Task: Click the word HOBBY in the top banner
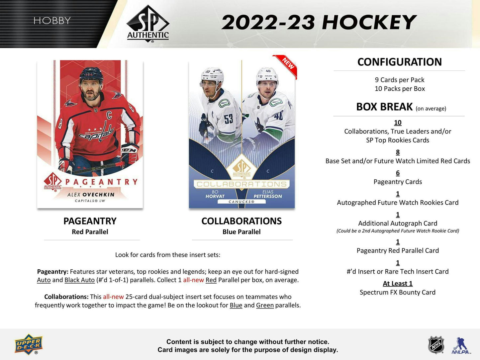point(52,21)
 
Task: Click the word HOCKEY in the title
point(368,23)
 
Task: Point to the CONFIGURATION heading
point(399,62)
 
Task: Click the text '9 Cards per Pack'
point(400,80)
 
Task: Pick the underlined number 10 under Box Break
point(398,123)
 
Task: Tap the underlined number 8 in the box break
point(398,152)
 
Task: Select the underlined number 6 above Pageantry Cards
point(398,173)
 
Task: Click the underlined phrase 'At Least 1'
point(398,284)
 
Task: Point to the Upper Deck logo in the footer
point(29,344)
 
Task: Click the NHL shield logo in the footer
point(436,345)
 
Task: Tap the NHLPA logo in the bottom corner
point(461,346)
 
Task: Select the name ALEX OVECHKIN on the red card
point(91,195)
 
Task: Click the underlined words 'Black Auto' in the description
point(79,280)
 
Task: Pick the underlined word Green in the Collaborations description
point(265,305)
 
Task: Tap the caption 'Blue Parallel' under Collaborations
point(241,232)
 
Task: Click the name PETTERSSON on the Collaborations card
point(268,196)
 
